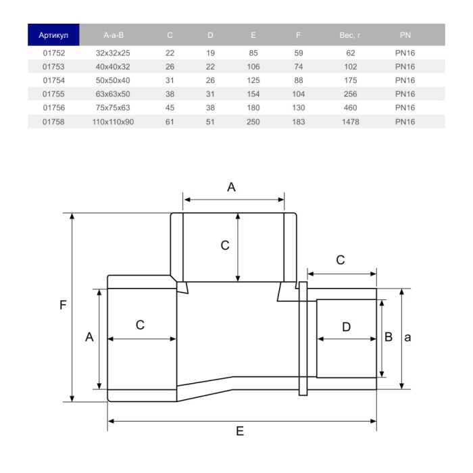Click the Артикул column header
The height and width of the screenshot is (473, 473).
pyautogui.click(x=53, y=34)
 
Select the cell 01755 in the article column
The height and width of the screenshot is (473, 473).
pyautogui.click(x=53, y=94)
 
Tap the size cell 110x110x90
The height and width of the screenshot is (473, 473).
pyautogui.click(x=113, y=122)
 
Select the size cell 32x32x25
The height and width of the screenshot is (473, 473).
pyautogui.click(x=113, y=52)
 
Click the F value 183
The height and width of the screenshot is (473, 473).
pyautogui.click(x=298, y=122)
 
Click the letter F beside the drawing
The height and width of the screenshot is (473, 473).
pyautogui.click(x=63, y=305)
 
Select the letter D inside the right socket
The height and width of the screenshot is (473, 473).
pyautogui.click(x=346, y=327)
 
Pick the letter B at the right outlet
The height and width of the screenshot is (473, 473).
pyautogui.click(x=389, y=337)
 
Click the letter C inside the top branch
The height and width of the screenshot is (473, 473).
pyautogui.click(x=225, y=246)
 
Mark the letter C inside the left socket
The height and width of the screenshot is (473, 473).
pyautogui.click(x=140, y=325)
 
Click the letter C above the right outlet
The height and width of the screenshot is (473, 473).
pyautogui.click(x=341, y=259)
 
